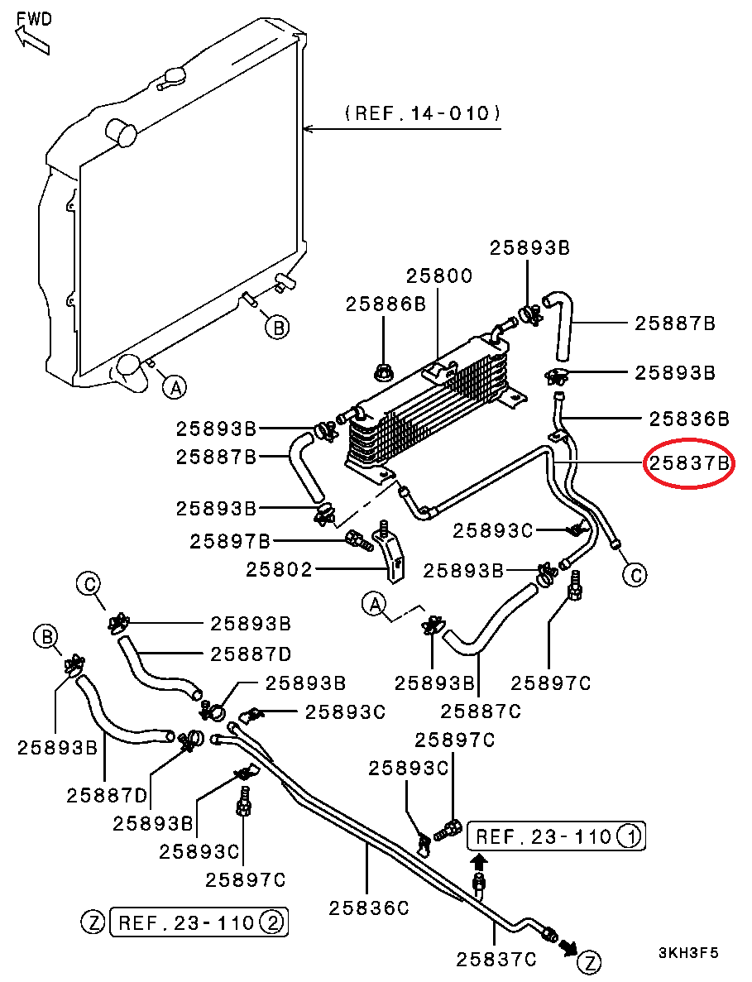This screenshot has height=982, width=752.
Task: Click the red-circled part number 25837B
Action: [x=689, y=464]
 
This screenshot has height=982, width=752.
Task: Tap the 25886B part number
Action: [x=386, y=304]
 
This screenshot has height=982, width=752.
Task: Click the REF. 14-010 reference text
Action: [x=423, y=113]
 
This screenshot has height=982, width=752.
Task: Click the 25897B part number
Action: [x=230, y=542]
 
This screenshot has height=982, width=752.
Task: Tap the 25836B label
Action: [x=688, y=419]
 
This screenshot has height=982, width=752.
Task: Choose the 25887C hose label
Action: [x=481, y=711]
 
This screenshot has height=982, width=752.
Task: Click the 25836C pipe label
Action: [x=369, y=908]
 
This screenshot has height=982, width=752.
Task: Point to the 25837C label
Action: [x=496, y=960]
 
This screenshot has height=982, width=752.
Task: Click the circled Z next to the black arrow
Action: [x=588, y=961]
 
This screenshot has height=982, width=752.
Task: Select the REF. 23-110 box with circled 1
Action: [x=556, y=836]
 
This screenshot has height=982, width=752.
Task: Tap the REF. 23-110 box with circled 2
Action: [x=199, y=922]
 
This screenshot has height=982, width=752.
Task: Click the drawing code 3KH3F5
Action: [x=688, y=953]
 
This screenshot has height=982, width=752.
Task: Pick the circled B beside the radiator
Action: [x=278, y=328]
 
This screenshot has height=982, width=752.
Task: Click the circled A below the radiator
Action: [x=173, y=386]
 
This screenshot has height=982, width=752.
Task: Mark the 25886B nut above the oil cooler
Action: [x=383, y=371]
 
